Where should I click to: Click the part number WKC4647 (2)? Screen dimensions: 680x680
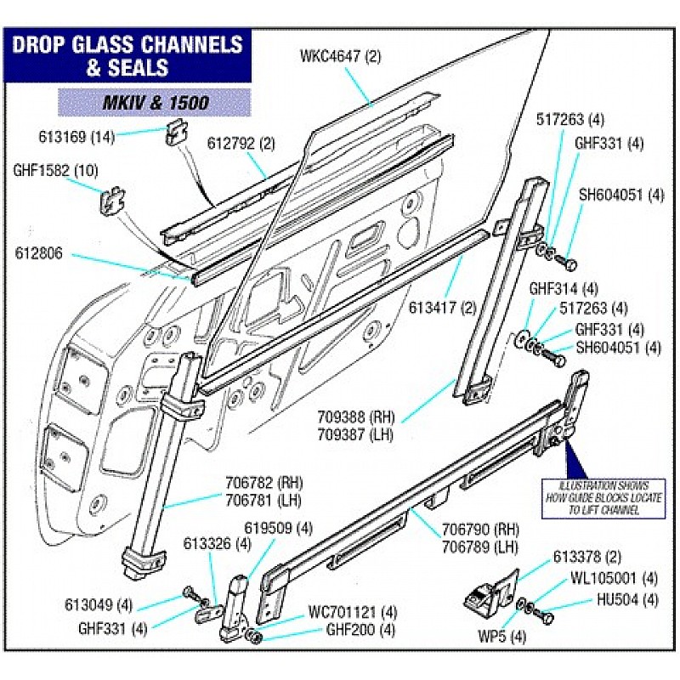pos(341,58)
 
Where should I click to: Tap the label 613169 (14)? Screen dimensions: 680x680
pos(76,135)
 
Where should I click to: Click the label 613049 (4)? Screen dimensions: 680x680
pos(99,605)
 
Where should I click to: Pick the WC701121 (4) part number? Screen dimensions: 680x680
pos(353,611)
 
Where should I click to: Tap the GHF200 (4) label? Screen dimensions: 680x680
pos(361,630)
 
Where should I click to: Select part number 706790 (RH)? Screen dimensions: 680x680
pos(480,528)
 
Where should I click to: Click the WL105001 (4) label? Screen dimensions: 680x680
pos(615,578)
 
